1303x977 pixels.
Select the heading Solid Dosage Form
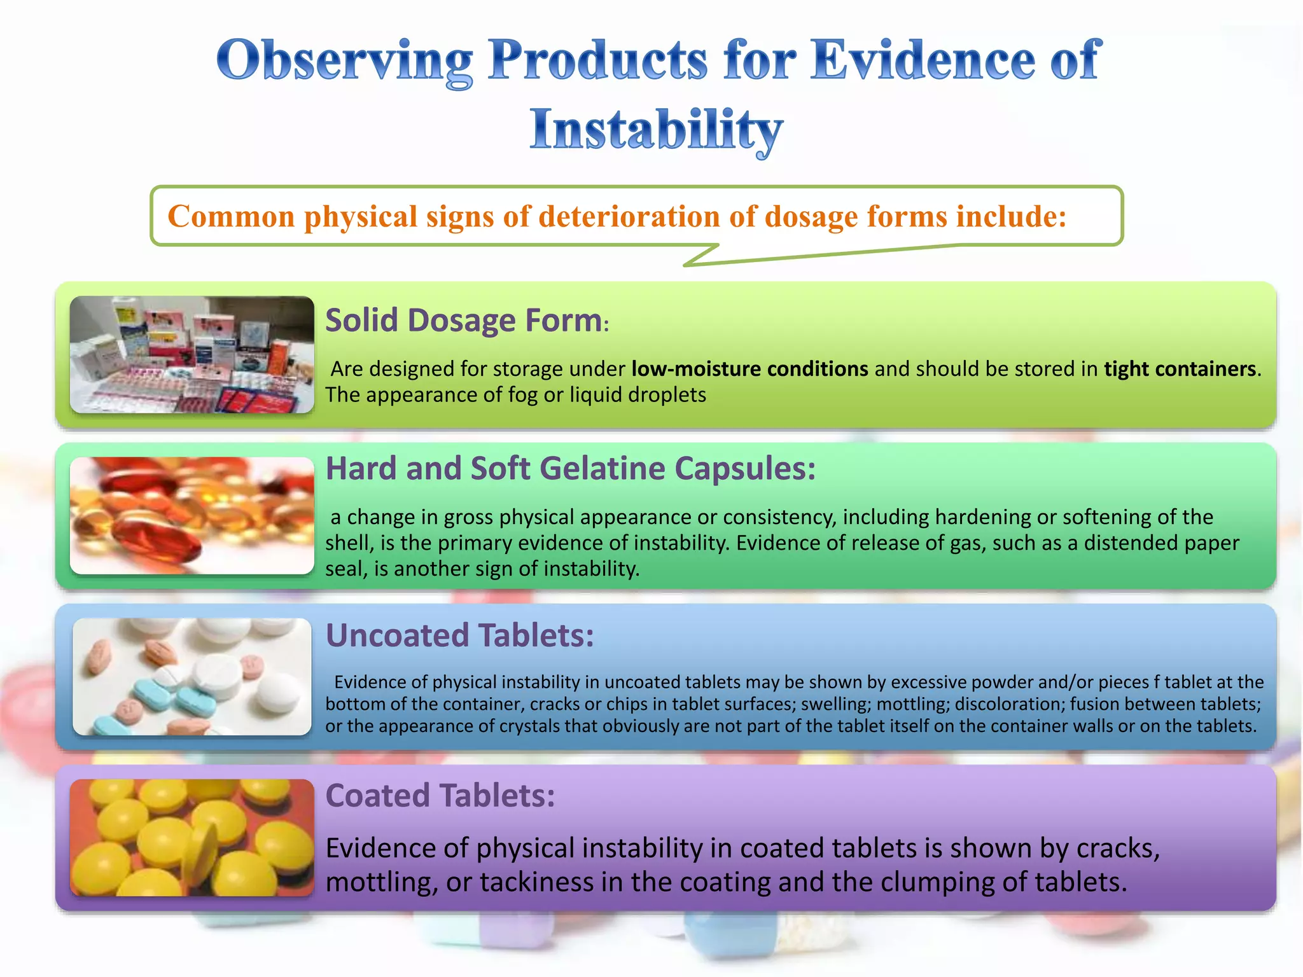pos(464,320)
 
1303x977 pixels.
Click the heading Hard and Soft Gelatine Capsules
pos(570,468)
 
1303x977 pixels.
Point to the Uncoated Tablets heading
pos(459,635)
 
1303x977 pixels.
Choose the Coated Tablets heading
pos(440,795)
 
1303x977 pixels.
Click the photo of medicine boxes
pos(192,354)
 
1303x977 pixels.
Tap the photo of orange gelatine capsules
pos(192,515)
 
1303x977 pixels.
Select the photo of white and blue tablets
pos(192,676)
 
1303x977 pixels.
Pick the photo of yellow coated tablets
pos(192,837)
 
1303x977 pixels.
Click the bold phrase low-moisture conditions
pos(749,369)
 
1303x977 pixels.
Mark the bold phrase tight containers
pos(1180,369)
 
